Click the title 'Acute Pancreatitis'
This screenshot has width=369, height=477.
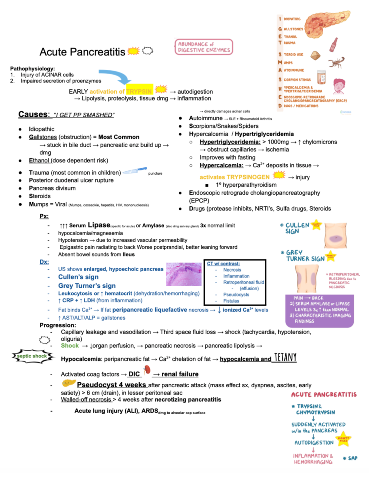[82, 52]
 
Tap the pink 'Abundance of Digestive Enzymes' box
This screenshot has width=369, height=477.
[204, 47]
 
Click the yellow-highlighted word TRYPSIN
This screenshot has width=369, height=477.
[139, 91]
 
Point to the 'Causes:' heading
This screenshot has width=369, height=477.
[34, 114]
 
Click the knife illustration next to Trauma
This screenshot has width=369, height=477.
[135, 171]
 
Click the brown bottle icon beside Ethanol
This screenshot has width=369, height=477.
[333, 45]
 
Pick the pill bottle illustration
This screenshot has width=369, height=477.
[321, 77]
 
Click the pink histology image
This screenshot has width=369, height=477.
[184, 274]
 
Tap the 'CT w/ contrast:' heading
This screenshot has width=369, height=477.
[223, 264]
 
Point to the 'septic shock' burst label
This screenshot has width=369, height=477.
[32, 356]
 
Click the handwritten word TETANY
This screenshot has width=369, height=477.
[285, 357]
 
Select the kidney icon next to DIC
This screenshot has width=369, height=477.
[147, 370]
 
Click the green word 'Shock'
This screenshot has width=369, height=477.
[70, 346]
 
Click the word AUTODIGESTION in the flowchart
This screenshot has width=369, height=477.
[314, 443]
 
